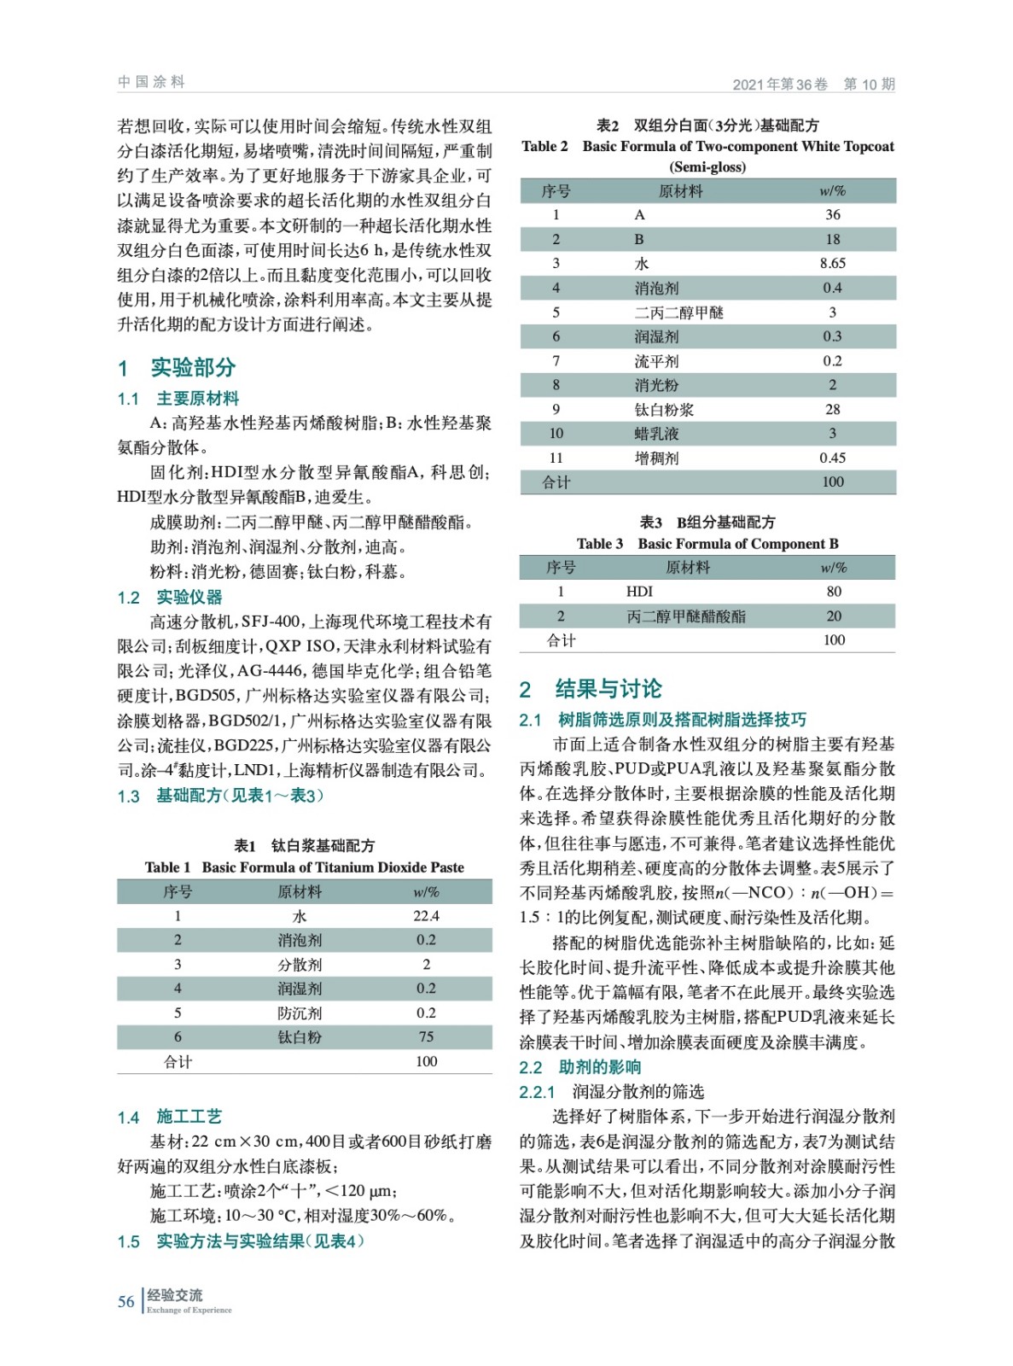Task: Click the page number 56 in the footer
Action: point(125,1301)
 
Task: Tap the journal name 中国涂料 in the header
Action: point(151,82)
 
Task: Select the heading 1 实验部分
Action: point(177,368)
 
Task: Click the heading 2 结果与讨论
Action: point(591,689)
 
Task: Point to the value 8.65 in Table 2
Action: point(832,264)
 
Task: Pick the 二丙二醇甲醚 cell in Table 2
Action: point(678,312)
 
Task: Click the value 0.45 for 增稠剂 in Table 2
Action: point(832,458)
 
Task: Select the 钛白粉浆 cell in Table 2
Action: point(664,410)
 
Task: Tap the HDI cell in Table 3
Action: point(639,592)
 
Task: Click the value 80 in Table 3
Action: point(834,592)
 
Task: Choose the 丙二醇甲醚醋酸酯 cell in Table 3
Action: point(686,616)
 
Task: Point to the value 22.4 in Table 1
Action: point(426,916)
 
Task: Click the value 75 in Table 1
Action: point(426,1037)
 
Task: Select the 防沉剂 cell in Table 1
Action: point(300,1013)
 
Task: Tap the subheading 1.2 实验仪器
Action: point(170,598)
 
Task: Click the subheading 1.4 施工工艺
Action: point(170,1117)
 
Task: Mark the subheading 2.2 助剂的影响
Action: point(580,1067)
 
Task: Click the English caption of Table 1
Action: point(305,867)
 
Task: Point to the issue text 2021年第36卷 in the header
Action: point(780,85)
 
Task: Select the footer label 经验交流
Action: point(175,1295)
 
